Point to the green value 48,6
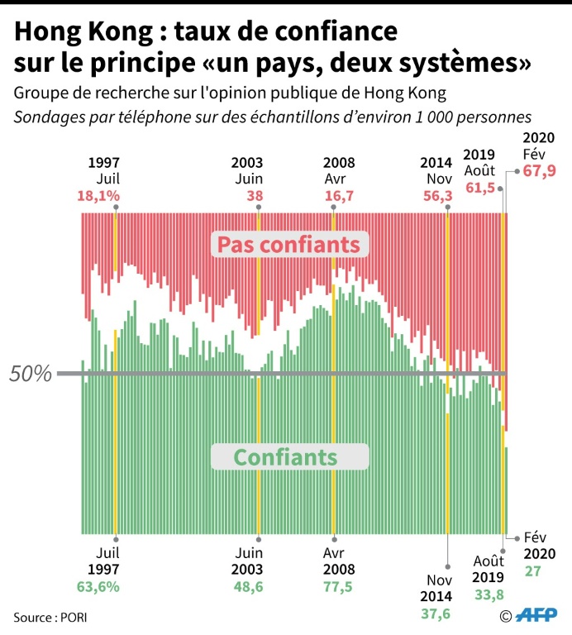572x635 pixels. click(247, 588)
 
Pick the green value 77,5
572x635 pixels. click(340, 588)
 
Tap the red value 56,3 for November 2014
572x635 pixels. click(437, 196)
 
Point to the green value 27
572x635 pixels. click(533, 571)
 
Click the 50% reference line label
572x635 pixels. click(31, 374)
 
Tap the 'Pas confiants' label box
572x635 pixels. click(288, 245)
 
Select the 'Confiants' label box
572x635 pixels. click(285, 457)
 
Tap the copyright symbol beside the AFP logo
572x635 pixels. click(506, 615)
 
